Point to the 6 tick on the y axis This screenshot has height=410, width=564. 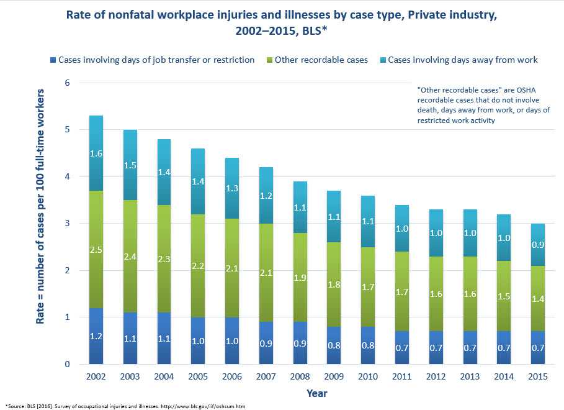pos(68,83)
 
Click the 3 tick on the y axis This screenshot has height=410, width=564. pos(68,224)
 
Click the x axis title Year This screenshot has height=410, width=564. pos(316,393)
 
